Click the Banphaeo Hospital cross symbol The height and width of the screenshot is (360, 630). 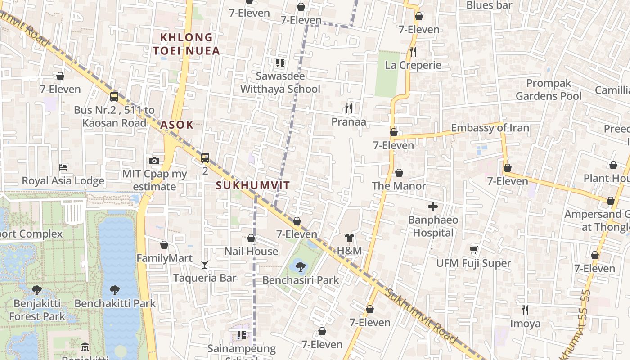pyautogui.click(x=432, y=207)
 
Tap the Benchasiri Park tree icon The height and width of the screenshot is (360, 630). pyautogui.click(x=301, y=266)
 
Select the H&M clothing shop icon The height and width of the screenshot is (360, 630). pyautogui.click(x=350, y=238)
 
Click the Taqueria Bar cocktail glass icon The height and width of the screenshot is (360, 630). pyautogui.click(x=205, y=264)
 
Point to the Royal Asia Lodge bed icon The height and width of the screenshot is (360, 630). pyautogui.click(x=63, y=167)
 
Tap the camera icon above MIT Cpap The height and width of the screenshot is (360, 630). pyautogui.click(x=154, y=161)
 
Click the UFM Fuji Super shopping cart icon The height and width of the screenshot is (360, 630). pyautogui.click(x=473, y=250)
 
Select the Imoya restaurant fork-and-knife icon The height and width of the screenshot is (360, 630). pyautogui.click(x=525, y=310)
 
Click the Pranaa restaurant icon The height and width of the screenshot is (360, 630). pyautogui.click(x=348, y=108)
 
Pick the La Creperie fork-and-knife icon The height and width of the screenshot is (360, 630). pyautogui.click(x=413, y=51)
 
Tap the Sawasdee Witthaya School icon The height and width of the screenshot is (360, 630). pyautogui.click(x=280, y=63)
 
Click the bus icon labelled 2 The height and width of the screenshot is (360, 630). pyautogui.click(x=205, y=157)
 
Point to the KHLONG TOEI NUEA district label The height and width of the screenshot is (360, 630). pyautogui.click(x=186, y=44)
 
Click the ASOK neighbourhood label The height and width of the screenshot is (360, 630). pyautogui.click(x=177, y=125)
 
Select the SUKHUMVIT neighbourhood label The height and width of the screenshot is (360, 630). pyautogui.click(x=252, y=185)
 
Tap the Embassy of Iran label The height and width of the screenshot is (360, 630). pyautogui.click(x=490, y=128)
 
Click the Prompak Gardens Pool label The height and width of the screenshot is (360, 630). pyautogui.click(x=549, y=90)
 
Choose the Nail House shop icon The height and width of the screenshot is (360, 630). pyautogui.click(x=251, y=238)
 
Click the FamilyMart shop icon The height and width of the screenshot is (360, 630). pyautogui.click(x=164, y=245)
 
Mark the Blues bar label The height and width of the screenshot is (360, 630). pyautogui.click(x=489, y=5)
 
